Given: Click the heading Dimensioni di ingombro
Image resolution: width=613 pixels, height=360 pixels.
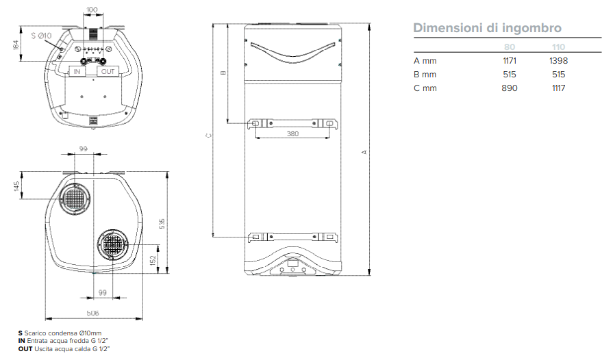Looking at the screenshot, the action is click(487, 28).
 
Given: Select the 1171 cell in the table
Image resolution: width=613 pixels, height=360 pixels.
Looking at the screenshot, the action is click(510, 61).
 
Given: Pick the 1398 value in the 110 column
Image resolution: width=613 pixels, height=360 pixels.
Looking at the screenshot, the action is click(558, 61).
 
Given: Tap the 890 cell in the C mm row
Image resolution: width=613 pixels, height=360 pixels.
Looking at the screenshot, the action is click(510, 88).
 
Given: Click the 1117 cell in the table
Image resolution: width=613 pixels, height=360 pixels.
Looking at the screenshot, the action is click(559, 88).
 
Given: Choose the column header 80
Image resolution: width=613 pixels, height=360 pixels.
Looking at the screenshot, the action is click(510, 47).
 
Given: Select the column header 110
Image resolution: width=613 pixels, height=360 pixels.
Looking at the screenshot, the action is click(559, 47).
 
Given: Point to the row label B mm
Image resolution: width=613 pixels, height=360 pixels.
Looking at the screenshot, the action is click(425, 75).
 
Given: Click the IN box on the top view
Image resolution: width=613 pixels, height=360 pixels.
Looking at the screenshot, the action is click(77, 71).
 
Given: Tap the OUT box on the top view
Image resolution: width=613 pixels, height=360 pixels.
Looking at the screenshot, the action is click(108, 71).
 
